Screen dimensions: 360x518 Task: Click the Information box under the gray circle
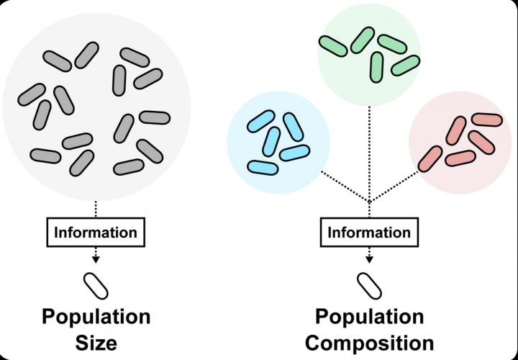click(96, 233)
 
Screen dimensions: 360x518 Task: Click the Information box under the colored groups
click(369, 233)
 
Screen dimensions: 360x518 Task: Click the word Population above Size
click(96, 316)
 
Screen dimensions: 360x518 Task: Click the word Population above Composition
click(369, 316)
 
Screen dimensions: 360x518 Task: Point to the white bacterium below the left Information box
click(96, 285)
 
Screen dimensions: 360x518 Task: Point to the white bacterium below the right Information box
click(370, 285)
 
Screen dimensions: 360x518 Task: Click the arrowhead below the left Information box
click(96, 258)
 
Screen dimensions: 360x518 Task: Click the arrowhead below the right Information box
click(369, 258)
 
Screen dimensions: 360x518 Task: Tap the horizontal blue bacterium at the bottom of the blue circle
click(263, 167)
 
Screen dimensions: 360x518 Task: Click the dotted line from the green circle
click(369, 151)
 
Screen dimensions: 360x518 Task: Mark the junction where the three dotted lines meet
click(369, 201)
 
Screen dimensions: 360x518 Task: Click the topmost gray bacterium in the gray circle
click(86, 53)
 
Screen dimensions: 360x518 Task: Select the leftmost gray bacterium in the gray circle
click(31, 94)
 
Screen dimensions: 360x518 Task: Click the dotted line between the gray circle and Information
click(96, 209)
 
